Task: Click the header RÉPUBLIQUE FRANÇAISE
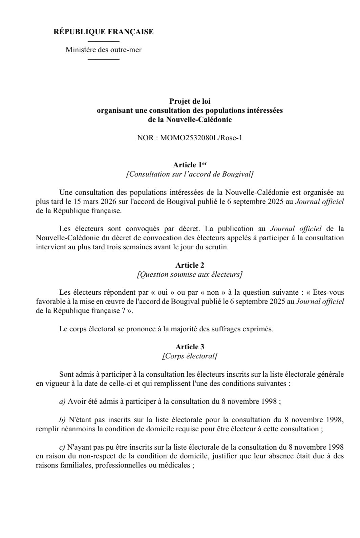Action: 103,32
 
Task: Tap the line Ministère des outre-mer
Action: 103,50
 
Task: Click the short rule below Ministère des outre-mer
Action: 103,60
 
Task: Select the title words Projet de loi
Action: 189,101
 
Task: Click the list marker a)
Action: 62,402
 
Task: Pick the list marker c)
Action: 62,447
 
